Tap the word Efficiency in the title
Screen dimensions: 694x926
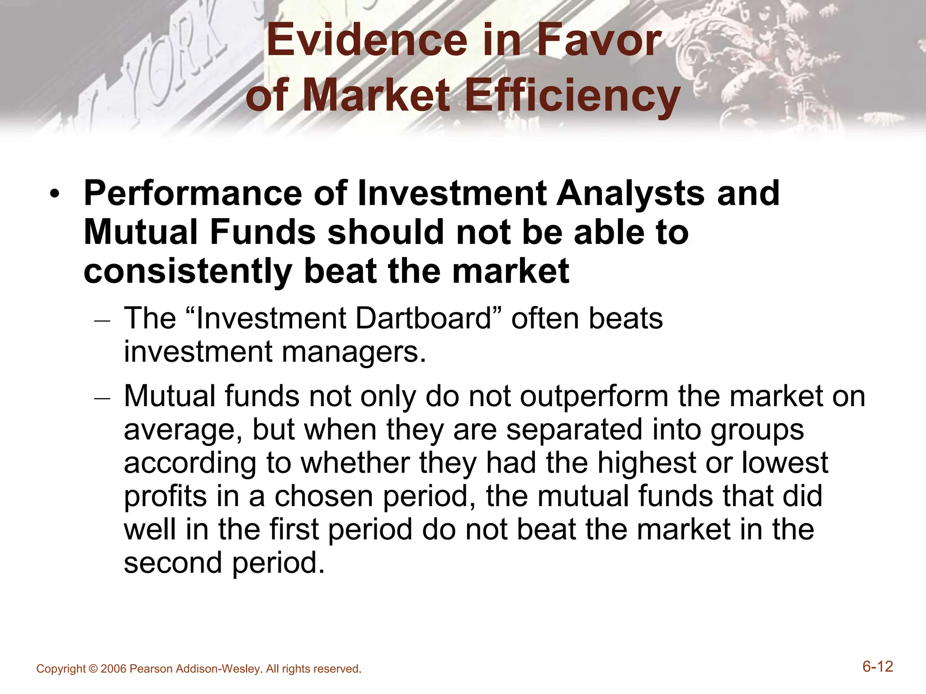pyautogui.click(x=572, y=96)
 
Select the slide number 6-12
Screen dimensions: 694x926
pyautogui.click(x=878, y=666)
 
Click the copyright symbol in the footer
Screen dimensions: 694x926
pyautogui.click(x=93, y=669)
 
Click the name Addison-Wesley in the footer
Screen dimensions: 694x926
pyautogui.click(x=218, y=669)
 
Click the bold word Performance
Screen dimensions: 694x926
pyautogui.click(x=193, y=193)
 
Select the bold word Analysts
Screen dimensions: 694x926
pyautogui.click(x=630, y=193)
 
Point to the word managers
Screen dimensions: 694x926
pyautogui.click(x=354, y=352)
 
